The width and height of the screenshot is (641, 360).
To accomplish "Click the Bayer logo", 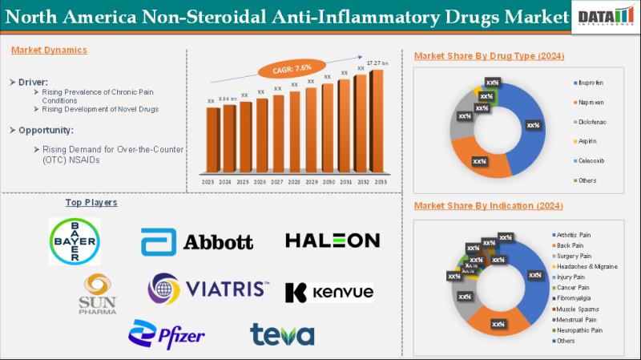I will tap(75, 241).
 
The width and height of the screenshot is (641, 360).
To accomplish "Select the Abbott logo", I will tap(197, 241).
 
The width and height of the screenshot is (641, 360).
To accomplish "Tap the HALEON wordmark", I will tap(333, 241).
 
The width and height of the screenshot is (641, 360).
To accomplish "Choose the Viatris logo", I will tap(209, 289).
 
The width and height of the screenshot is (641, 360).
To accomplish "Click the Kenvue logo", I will tap(329, 292).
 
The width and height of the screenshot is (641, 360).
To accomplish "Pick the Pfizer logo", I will tap(167, 334).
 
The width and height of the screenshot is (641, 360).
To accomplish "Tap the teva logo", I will tap(282, 334).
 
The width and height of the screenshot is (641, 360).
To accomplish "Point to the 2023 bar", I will tap(212, 140).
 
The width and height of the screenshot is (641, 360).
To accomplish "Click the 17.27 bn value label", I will tap(377, 63).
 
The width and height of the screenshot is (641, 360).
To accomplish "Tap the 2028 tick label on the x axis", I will tap(294, 182).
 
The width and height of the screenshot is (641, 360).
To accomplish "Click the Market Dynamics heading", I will tap(50, 50).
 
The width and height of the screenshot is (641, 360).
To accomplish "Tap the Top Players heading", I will tap(91, 202).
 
